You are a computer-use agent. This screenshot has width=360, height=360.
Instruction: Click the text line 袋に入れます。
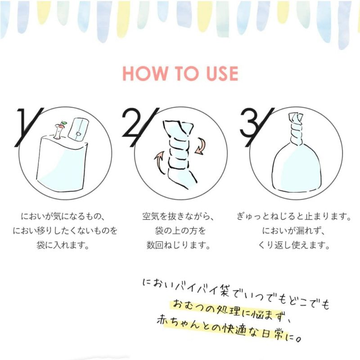click(x=63, y=246)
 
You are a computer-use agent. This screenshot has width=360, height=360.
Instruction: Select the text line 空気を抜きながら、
click(x=180, y=217)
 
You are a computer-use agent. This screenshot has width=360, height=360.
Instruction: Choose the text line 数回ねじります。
click(x=179, y=246)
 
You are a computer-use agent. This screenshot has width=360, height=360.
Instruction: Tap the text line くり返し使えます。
click(x=294, y=246)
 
